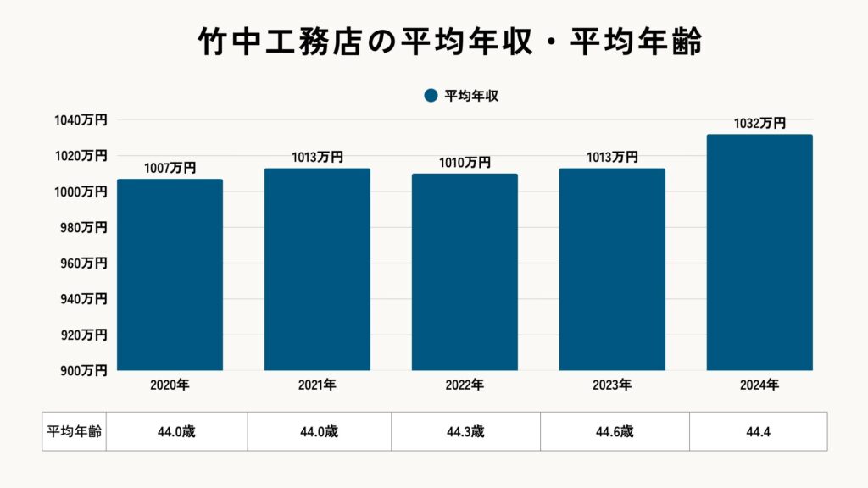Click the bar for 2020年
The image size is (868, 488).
pos(170,274)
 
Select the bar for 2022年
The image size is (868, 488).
pos(465,272)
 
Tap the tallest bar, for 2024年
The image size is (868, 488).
pos(759,252)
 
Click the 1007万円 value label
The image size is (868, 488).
pos(170,169)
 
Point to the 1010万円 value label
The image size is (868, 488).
pos(465,163)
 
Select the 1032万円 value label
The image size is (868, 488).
pos(759,124)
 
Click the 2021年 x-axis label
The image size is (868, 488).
pos(317,385)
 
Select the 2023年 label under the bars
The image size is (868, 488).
pos(612,385)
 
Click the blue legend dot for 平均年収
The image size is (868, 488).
pos(431,96)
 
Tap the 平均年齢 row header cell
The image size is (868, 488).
pos(75,432)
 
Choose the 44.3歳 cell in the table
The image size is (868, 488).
pos(465,432)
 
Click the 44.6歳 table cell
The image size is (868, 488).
pos(615,432)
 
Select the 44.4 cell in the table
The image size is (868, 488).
pos(759,432)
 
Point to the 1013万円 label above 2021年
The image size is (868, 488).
pos(317,158)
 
